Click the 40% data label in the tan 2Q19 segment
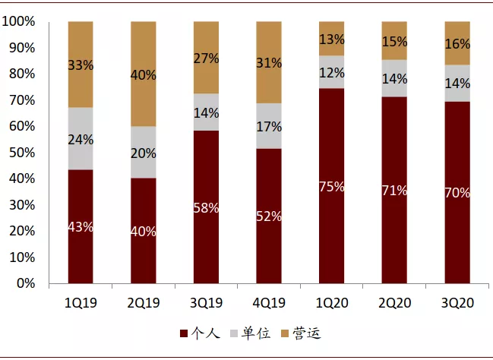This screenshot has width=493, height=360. (x=144, y=75)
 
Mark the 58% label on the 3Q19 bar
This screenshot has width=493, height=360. (x=206, y=207)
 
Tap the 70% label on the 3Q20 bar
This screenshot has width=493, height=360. (x=457, y=193)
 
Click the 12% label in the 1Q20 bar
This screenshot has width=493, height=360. (x=331, y=73)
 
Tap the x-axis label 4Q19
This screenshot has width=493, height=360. (x=269, y=303)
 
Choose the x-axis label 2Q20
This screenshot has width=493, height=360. (x=394, y=303)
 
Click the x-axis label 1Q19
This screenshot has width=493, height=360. (x=81, y=303)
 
